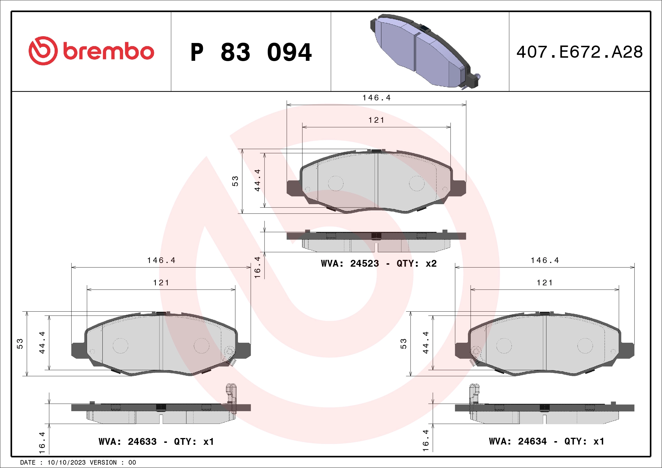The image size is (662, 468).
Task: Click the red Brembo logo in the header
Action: [x=91, y=51]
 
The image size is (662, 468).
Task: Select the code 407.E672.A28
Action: [x=580, y=52]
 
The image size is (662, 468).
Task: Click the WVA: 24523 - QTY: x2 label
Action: [x=379, y=263]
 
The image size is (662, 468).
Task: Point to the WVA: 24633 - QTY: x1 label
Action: [x=156, y=441]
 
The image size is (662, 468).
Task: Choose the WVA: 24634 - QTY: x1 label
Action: [x=546, y=441]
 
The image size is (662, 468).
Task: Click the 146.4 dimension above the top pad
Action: [x=376, y=98]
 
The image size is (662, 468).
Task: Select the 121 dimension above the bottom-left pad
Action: [x=161, y=283]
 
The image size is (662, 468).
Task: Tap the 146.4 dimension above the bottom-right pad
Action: [x=545, y=260]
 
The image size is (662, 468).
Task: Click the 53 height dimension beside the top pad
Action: [x=235, y=181]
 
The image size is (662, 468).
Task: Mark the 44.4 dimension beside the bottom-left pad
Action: [x=42, y=342]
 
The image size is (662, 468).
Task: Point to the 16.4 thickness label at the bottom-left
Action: [x=42, y=442]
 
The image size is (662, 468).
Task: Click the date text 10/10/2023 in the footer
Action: [x=66, y=463]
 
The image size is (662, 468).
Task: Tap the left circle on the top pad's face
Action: [x=336, y=183]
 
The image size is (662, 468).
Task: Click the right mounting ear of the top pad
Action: [x=459, y=188]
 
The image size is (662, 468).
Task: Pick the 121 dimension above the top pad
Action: [x=376, y=120]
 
